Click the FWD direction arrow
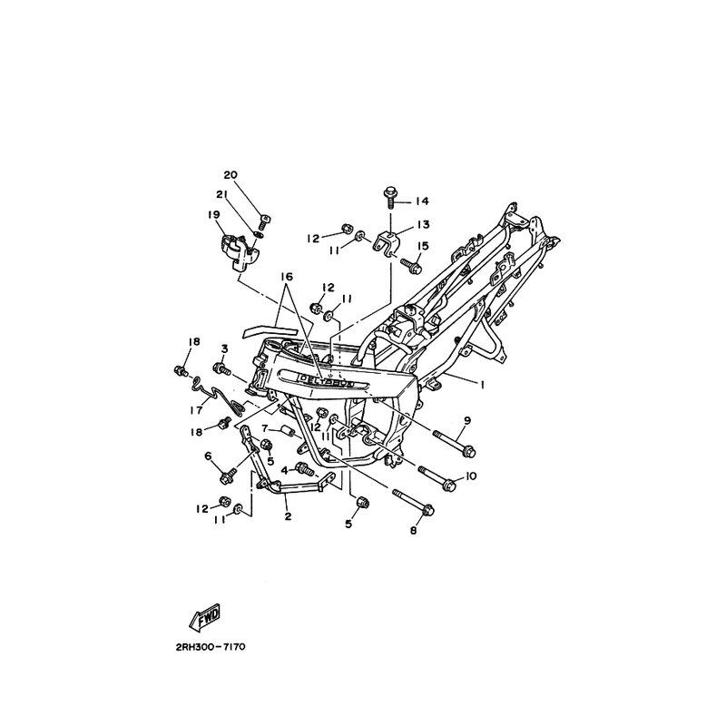[x=205, y=617]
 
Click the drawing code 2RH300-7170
[x=211, y=647]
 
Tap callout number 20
[x=231, y=175]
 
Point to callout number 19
[x=214, y=215]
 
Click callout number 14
[x=422, y=201]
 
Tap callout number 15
[x=423, y=245]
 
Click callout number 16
[x=287, y=277]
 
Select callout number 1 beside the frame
[x=482, y=384]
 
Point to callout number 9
[x=467, y=420]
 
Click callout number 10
[x=470, y=476]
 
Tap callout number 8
[x=414, y=531]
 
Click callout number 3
[x=224, y=348]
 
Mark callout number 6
[x=208, y=456]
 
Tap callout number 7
[x=265, y=427]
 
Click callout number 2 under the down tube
[x=288, y=516]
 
